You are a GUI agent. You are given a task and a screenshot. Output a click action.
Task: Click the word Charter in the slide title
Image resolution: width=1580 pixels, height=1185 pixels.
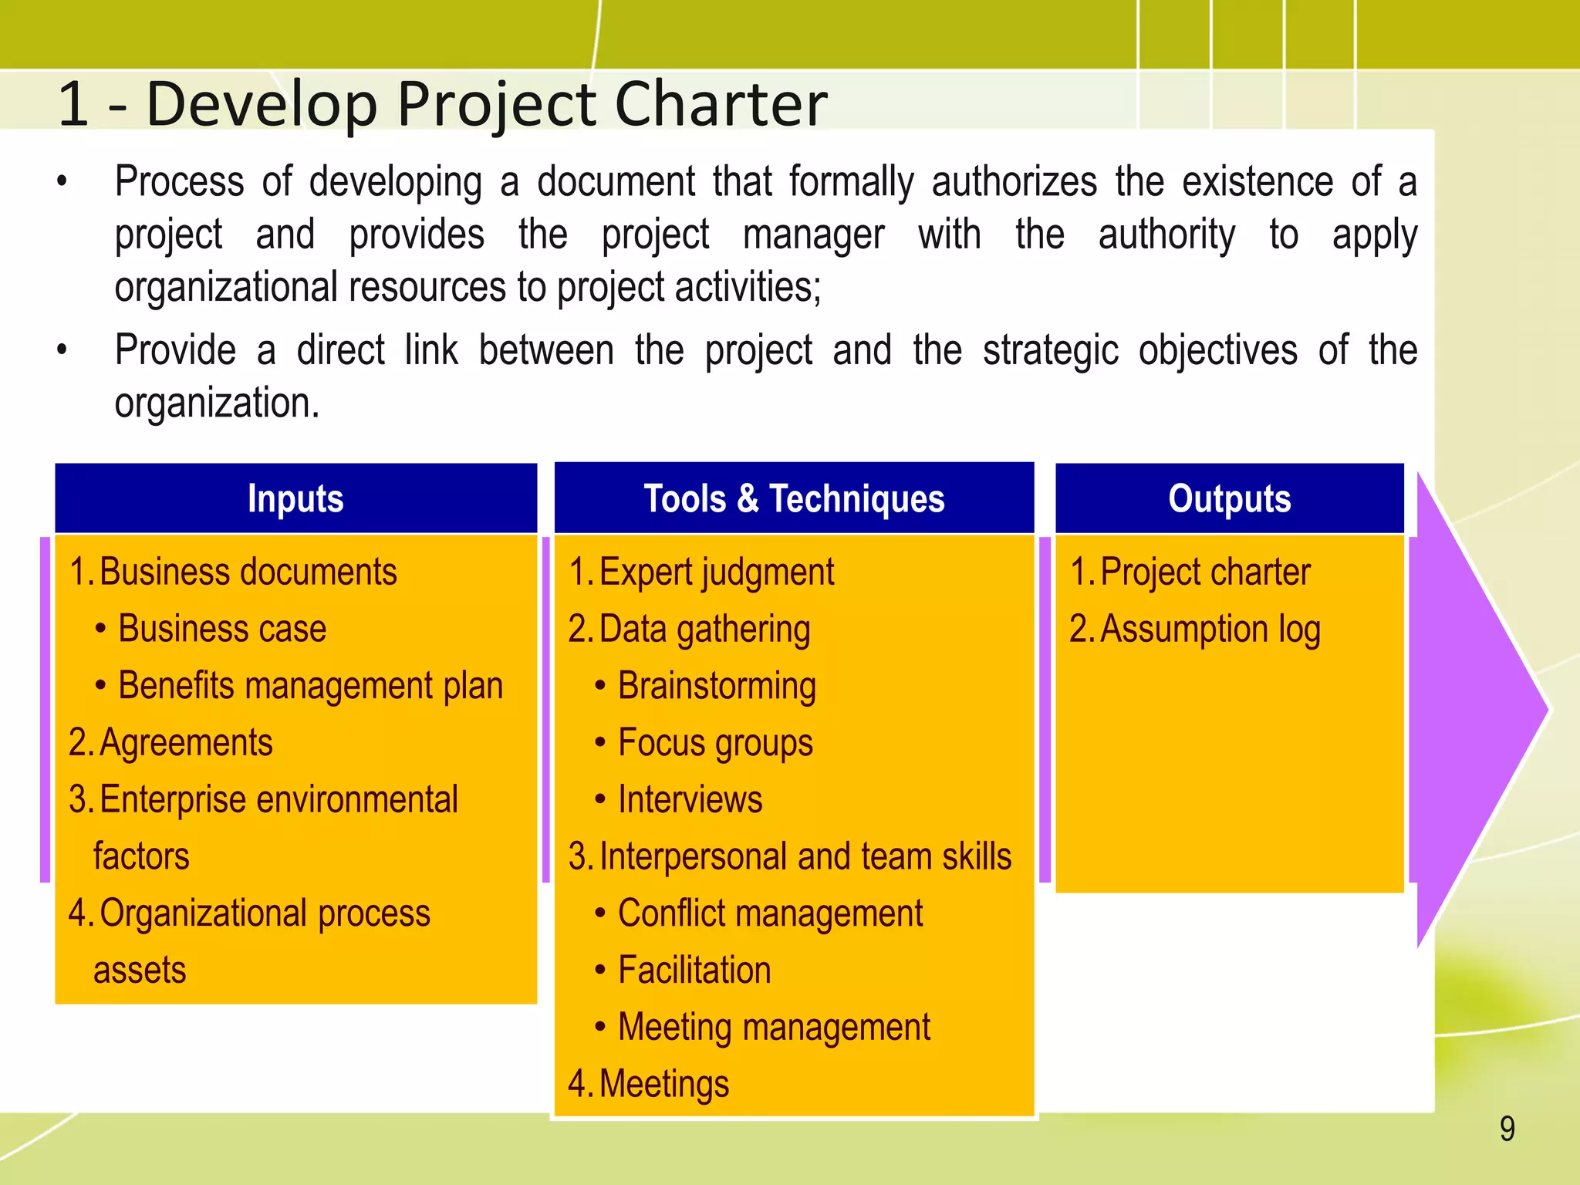pos(721,103)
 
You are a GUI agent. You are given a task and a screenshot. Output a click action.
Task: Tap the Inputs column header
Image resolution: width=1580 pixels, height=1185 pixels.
pos(295,498)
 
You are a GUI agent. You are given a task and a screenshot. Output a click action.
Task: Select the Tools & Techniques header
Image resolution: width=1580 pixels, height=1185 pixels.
pos(794,498)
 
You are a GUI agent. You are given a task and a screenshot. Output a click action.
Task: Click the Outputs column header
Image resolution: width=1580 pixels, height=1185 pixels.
pos(1229,498)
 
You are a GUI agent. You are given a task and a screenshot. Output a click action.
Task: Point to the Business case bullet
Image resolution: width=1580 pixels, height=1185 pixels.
pos(221,629)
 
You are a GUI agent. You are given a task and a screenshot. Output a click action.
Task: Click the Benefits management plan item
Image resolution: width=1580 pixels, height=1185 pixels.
pos(310,686)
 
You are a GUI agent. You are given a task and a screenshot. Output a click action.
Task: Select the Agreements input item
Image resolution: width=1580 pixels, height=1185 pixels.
pos(185,743)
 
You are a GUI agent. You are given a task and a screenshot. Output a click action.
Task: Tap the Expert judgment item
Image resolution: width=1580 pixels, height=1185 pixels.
pos(716,572)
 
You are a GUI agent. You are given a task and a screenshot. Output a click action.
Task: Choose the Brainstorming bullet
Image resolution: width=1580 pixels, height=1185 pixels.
pos(717,686)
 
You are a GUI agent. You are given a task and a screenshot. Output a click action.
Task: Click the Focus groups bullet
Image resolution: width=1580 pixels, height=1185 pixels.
pos(715,743)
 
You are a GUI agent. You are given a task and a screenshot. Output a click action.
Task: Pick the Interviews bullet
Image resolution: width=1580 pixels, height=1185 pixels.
pos(690,799)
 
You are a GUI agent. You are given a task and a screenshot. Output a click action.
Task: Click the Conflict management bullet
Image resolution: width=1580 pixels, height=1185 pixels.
pos(770,913)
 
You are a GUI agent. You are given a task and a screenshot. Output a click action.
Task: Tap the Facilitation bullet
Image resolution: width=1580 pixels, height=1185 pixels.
pos(694,971)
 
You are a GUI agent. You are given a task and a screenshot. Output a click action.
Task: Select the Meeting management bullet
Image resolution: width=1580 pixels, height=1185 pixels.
pos(774,1028)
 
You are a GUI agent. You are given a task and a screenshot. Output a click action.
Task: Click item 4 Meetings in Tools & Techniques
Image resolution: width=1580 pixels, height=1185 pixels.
pos(663,1084)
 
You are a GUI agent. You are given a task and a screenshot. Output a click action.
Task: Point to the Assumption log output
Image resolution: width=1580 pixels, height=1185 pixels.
pos(1210,629)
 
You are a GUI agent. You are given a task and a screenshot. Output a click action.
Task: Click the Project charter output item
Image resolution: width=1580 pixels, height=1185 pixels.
pos(1204,572)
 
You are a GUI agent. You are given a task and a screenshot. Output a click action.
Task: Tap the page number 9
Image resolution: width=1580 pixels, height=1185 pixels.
pos(1507,1129)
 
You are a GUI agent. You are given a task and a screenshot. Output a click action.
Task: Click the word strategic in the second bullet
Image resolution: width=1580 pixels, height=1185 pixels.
pos(1050,350)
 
